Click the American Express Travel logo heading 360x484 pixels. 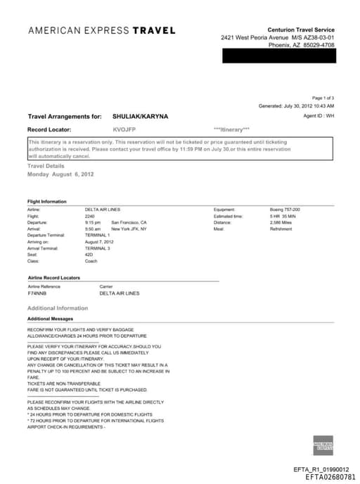tap(101, 30)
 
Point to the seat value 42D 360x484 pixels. tap(89, 254)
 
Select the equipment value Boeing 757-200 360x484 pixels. tap(285, 209)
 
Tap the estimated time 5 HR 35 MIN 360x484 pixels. tap(285, 215)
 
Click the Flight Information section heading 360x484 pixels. tap(47, 201)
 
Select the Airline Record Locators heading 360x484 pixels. tap(53, 278)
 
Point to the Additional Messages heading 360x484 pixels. tap(50, 319)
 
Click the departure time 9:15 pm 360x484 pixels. tap(93, 222)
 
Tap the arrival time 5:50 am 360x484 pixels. tap(93, 229)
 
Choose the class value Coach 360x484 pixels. tap(91, 260)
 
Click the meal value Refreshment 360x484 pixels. tap(281, 229)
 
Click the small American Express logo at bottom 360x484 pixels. tap(323, 445)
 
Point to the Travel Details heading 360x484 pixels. tap(46, 165)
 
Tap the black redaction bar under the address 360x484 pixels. tap(278, 56)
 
